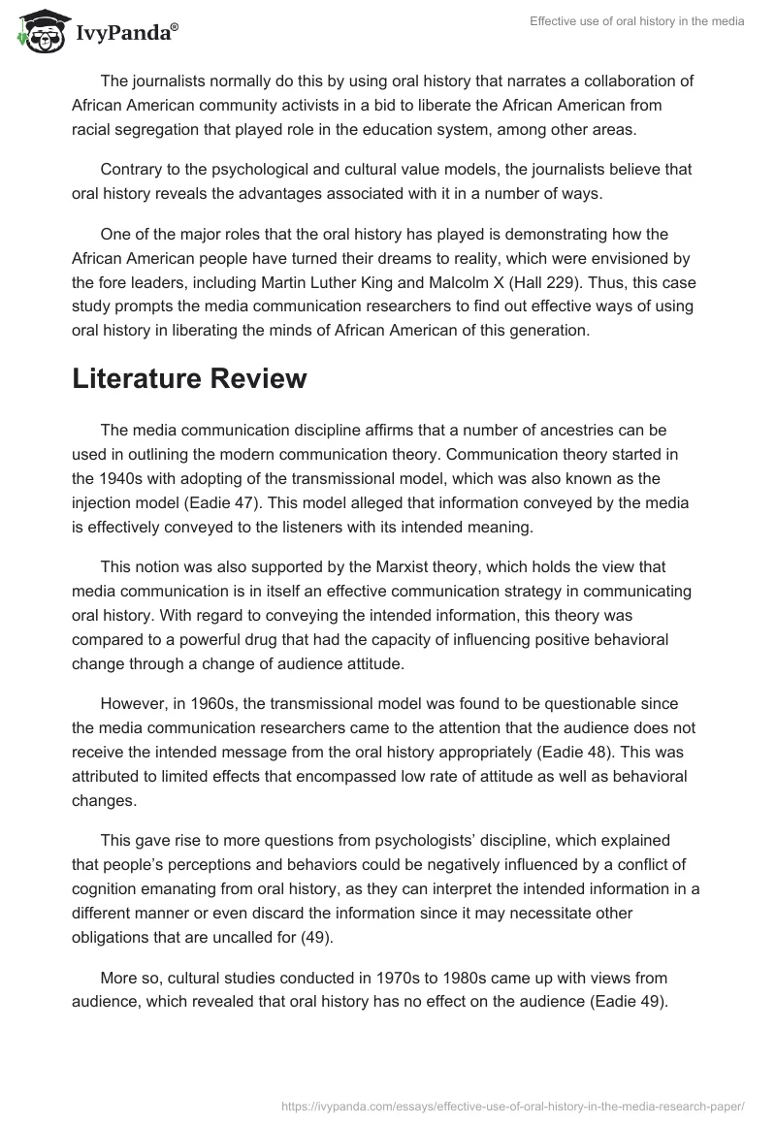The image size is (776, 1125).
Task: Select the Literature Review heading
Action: click(189, 378)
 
